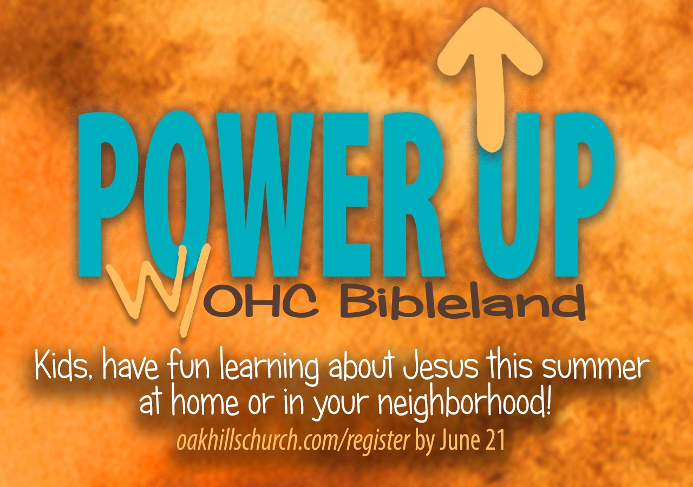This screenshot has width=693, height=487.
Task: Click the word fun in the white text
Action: [188, 367]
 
